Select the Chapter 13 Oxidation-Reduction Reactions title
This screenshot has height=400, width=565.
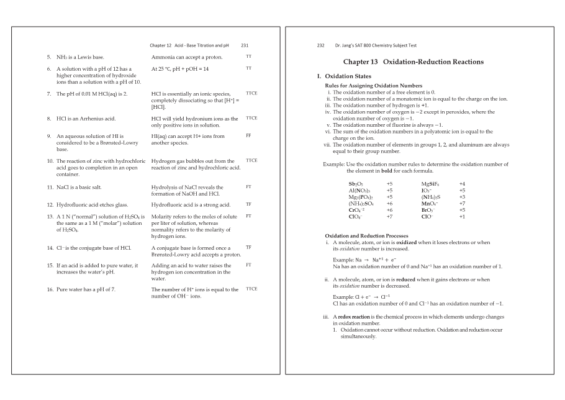coord(413,62)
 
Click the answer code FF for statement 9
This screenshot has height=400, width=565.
coord(248,135)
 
